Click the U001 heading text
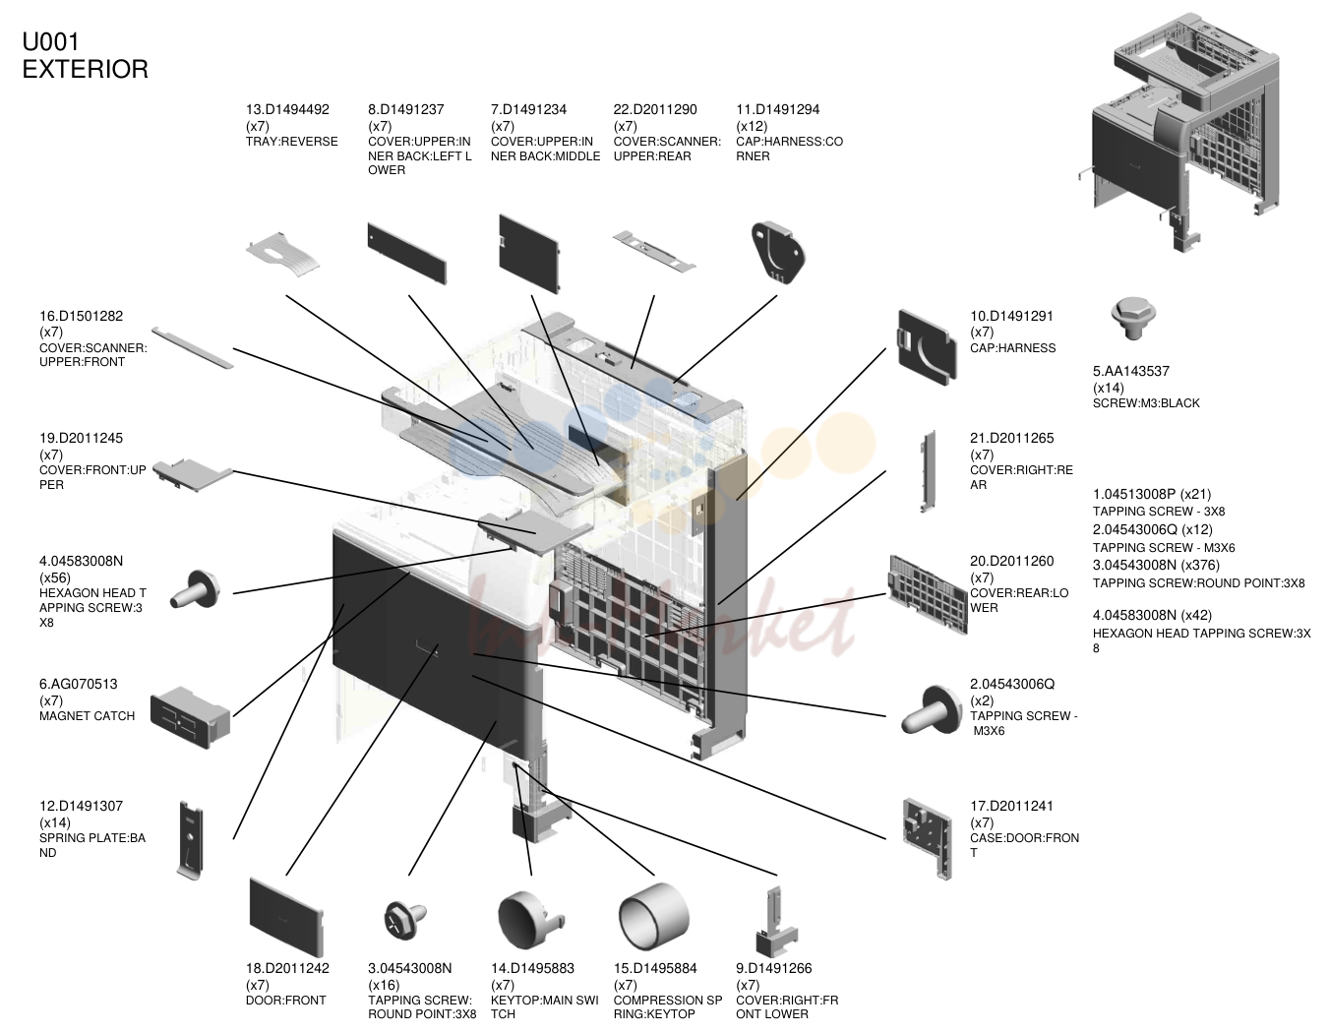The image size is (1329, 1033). [51, 42]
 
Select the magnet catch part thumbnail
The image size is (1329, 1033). [190, 717]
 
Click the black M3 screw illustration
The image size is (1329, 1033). [1132, 318]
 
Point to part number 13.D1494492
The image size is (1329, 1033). [287, 109]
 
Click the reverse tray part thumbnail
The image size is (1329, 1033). [283, 254]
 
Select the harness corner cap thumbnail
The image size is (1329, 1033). [778, 253]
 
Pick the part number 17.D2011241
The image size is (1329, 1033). [1011, 806]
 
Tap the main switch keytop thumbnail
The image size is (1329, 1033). [529, 919]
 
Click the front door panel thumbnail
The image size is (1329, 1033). [286, 917]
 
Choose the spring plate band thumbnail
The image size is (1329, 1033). [190, 840]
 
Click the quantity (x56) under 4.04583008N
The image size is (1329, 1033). [55, 577]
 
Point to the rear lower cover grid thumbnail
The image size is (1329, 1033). [928, 594]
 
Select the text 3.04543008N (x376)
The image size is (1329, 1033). [1156, 565]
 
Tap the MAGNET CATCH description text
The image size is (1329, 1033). [87, 715]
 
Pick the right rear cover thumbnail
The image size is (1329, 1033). [928, 471]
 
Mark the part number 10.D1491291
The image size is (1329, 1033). [1011, 316]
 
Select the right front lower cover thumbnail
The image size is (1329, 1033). [777, 922]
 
